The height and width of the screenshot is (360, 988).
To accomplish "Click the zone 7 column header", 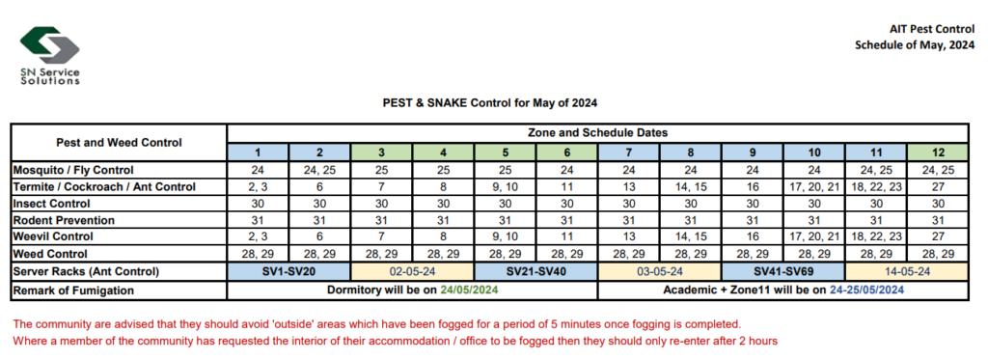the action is click(x=628, y=152).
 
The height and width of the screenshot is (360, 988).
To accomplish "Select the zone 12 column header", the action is click(x=937, y=152).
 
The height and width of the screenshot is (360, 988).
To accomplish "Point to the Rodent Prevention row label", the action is click(x=59, y=221).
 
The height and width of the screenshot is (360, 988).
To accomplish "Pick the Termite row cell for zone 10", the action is click(x=813, y=187).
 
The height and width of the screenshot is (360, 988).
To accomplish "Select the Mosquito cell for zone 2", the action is click(x=319, y=170).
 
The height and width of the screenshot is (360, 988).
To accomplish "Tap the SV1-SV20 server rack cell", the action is click(x=288, y=272).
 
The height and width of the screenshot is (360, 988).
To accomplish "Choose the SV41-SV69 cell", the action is click(x=782, y=272).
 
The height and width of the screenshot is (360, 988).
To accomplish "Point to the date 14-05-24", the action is click(x=906, y=272).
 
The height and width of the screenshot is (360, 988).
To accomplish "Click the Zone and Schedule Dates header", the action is click(x=597, y=133).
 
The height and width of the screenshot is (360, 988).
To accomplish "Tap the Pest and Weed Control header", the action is click(x=119, y=143).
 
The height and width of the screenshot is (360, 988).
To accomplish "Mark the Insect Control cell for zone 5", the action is click(x=505, y=204).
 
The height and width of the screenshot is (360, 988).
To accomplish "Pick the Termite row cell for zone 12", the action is click(x=937, y=187).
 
